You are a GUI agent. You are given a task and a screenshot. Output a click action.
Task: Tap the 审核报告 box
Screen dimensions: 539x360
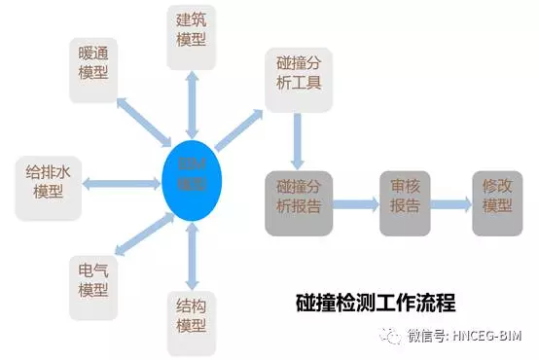tap(405, 203)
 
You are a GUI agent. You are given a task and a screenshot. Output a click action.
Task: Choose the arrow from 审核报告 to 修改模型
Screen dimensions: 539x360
tap(451, 204)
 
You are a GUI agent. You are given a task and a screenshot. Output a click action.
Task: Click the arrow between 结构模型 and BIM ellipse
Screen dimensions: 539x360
tap(192, 253)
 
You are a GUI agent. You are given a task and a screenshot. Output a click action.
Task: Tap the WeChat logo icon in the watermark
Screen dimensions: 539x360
tap(390, 336)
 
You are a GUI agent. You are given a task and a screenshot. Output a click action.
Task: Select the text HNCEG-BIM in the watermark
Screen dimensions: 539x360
tap(492, 337)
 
